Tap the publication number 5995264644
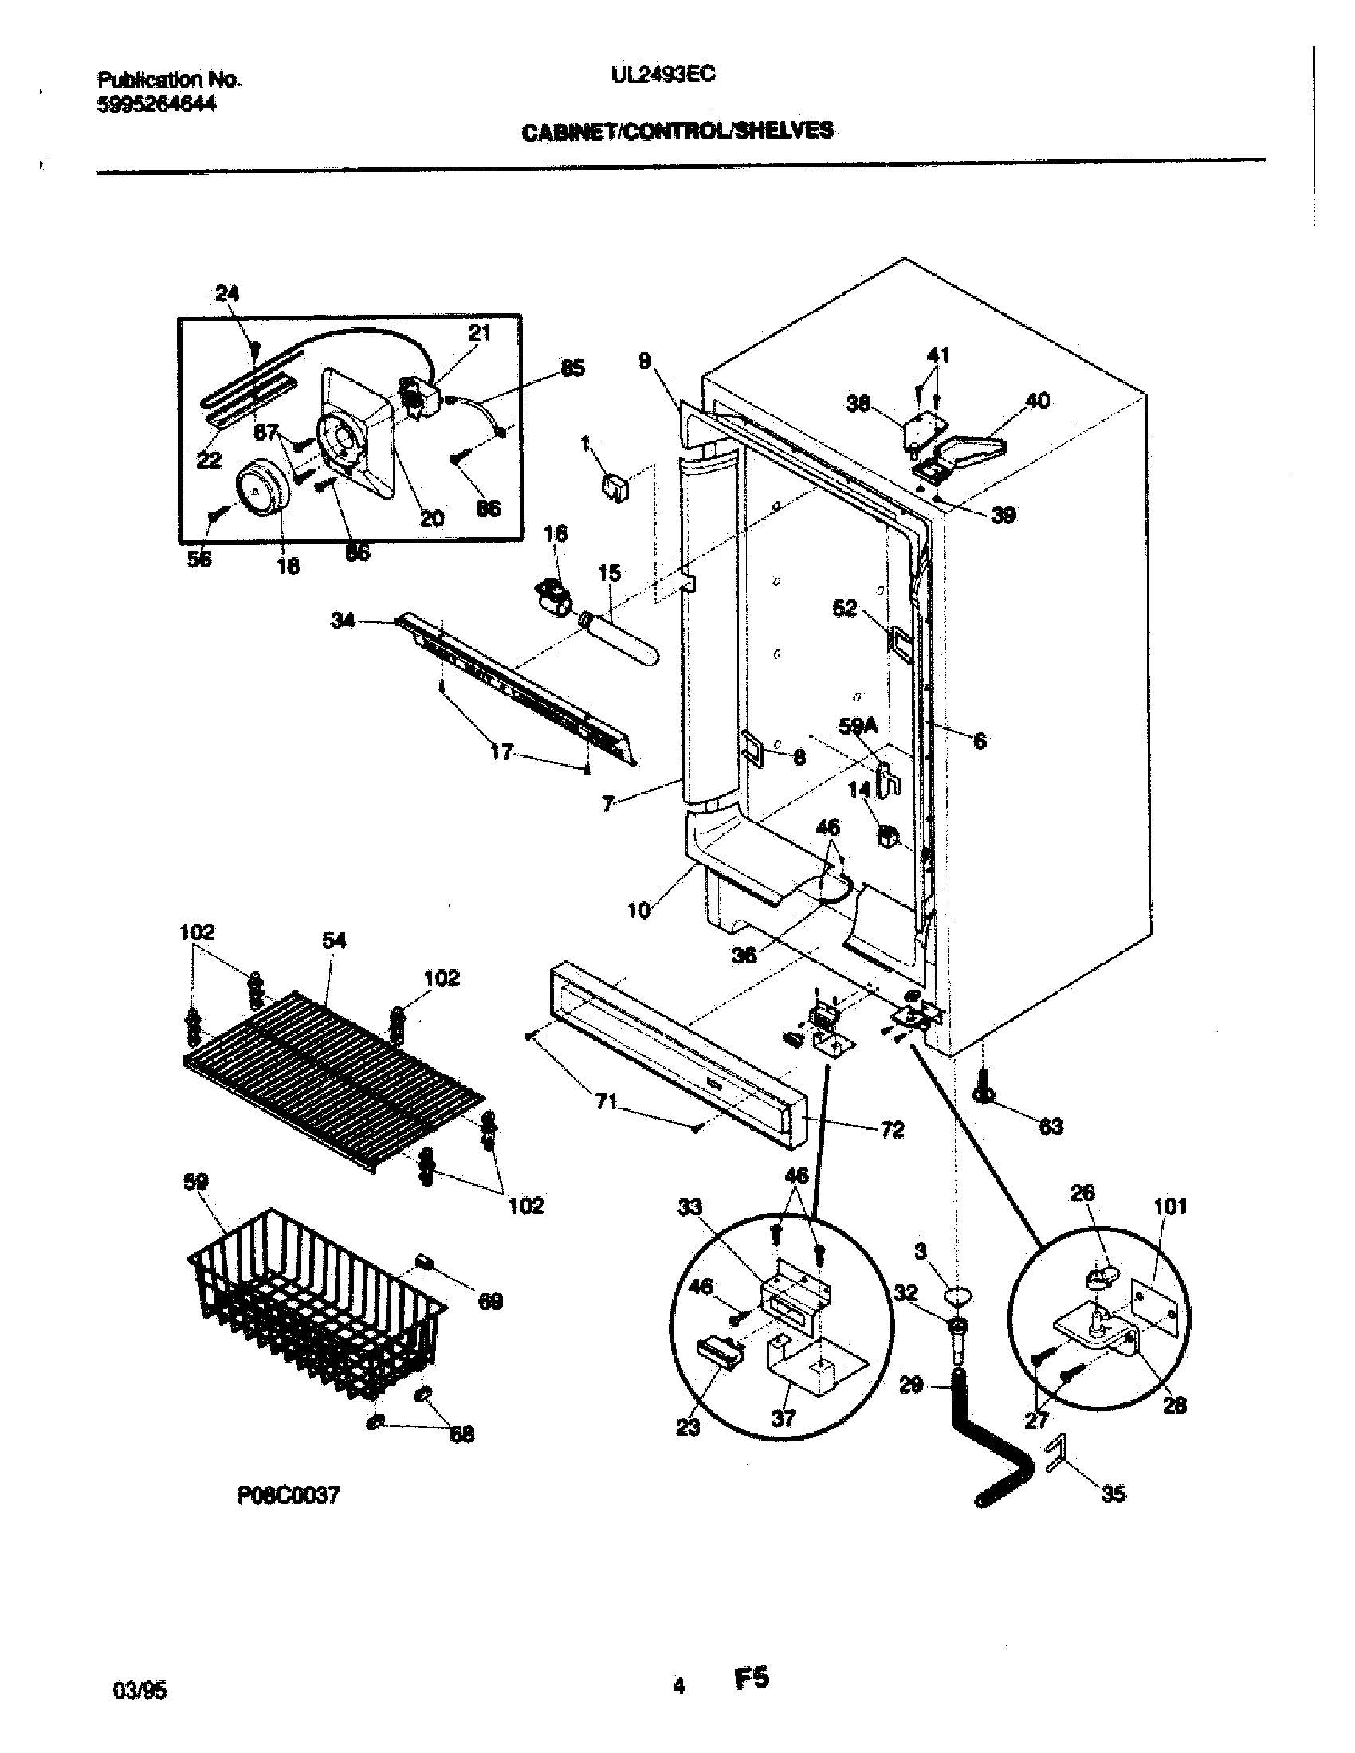click(156, 104)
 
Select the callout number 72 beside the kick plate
click(892, 1130)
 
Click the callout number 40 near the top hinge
click(1038, 401)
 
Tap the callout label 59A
click(858, 727)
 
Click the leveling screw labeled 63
click(986, 1088)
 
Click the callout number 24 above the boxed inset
click(227, 294)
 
